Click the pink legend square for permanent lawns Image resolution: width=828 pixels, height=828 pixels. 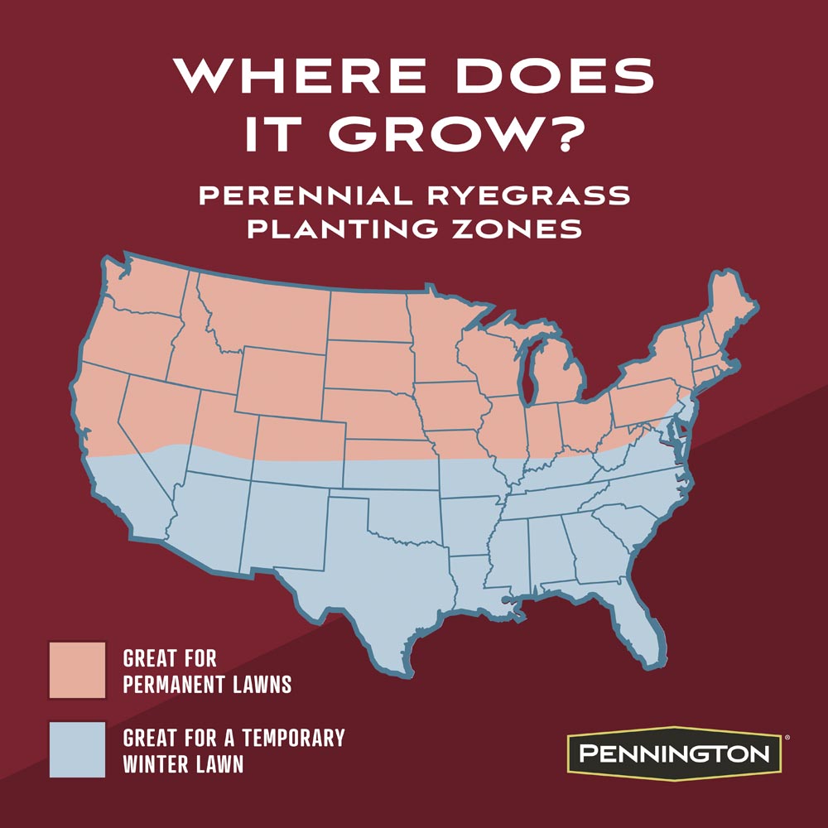tap(77, 670)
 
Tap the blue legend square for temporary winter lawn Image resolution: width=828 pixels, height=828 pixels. tap(77, 749)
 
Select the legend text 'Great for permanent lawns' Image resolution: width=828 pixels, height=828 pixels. tap(206, 672)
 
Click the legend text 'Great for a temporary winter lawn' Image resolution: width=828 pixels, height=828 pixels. tap(233, 750)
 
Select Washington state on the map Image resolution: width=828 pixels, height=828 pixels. tap(145, 290)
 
